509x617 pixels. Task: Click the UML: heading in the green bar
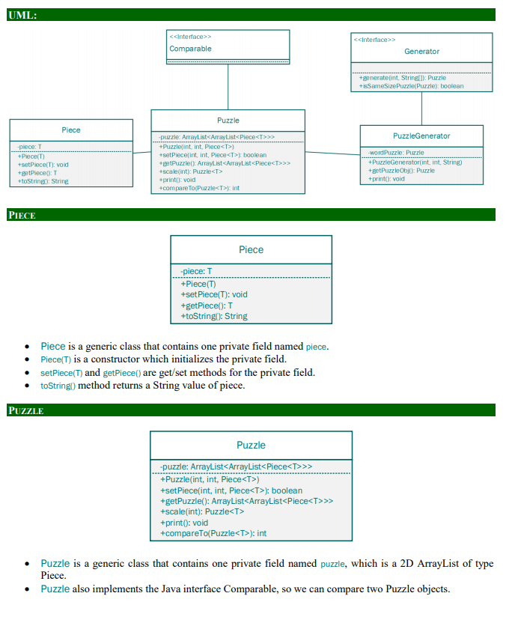point(22,15)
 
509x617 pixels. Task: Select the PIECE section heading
point(22,216)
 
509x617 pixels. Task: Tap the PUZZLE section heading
point(25,410)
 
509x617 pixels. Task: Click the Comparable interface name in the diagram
point(190,49)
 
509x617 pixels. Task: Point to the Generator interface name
point(421,51)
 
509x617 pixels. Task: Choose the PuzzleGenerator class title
point(421,136)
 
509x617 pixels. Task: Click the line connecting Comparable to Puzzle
point(228,87)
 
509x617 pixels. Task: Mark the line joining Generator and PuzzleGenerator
point(421,108)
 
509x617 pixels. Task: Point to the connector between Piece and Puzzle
point(142,153)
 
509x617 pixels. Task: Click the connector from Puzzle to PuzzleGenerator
point(332,154)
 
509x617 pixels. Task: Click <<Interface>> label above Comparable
point(190,36)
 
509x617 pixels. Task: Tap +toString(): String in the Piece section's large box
point(214,316)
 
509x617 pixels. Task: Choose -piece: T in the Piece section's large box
point(196,271)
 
